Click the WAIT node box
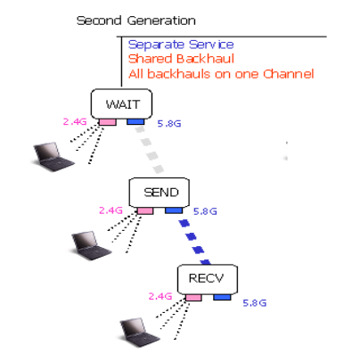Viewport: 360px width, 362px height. click(x=121, y=103)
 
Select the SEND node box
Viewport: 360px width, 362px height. click(x=160, y=193)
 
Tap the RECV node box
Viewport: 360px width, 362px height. click(x=208, y=279)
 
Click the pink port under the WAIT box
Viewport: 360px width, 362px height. click(x=108, y=122)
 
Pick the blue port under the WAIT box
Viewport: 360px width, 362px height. click(x=135, y=121)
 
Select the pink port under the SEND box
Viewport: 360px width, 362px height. click(x=145, y=210)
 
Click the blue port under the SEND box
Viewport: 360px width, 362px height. click(x=174, y=210)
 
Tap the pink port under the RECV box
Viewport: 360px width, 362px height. click(x=193, y=298)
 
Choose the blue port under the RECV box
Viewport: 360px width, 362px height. click(x=222, y=297)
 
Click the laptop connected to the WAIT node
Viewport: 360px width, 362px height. click(x=53, y=157)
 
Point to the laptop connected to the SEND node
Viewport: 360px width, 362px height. click(x=91, y=245)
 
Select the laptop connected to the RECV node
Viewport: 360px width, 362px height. click(x=139, y=333)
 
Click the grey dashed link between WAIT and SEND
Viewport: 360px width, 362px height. click(x=150, y=150)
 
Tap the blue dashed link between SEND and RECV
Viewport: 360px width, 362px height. click(x=195, y=242)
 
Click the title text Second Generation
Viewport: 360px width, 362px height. click(x=136, y=21)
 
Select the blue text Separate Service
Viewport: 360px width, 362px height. click(x=181, y=45)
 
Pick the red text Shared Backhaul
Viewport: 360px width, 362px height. click(x=181, y=59)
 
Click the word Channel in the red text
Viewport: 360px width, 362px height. click(x=289, y=74)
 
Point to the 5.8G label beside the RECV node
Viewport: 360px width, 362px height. click(x=255, y=303)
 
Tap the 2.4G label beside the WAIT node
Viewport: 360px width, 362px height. click(x=75, y=121)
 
